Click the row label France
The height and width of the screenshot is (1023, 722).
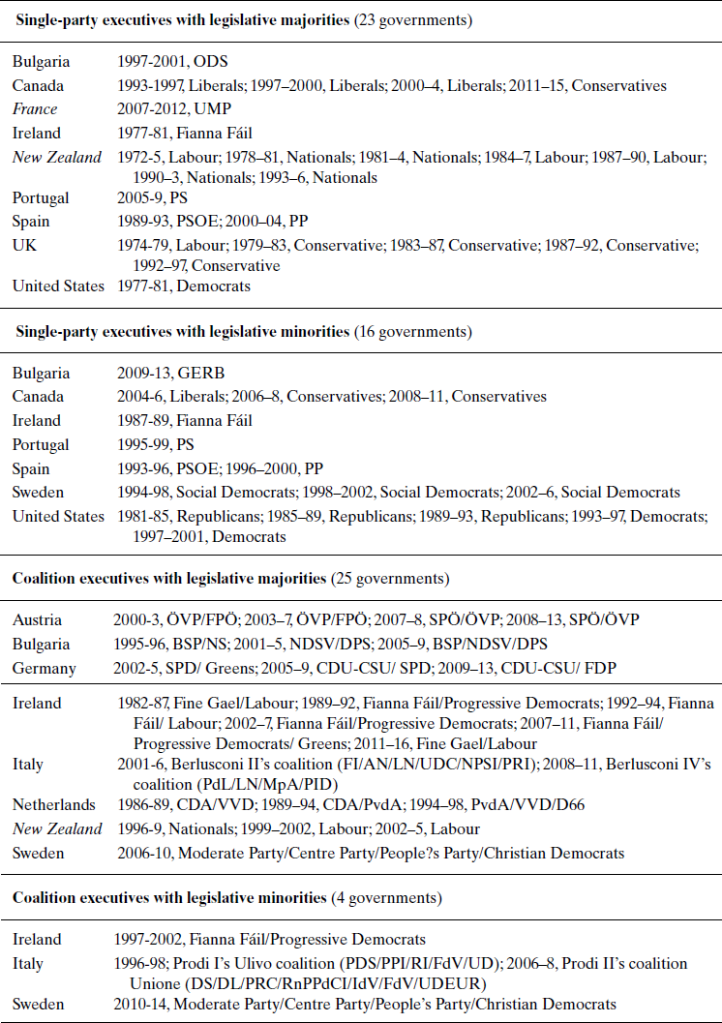(35, 109)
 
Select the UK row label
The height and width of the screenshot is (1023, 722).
(23, 245)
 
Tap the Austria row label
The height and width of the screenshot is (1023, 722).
(37, 619)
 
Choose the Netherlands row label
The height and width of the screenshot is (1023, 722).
(54, 804)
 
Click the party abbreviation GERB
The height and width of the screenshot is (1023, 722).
(200, 372)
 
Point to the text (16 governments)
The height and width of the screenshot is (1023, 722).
(411, 332)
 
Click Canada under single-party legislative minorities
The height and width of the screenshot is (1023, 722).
(39, 396)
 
